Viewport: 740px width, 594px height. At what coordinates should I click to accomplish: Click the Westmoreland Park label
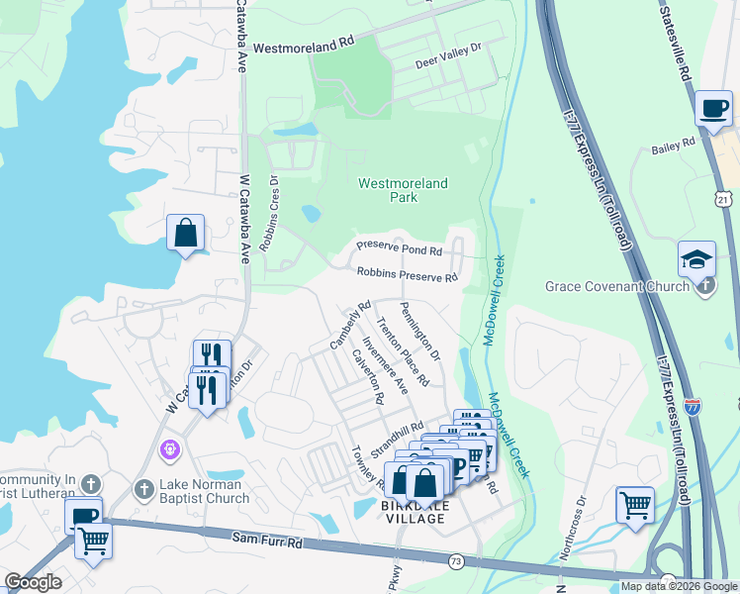coord(403,190)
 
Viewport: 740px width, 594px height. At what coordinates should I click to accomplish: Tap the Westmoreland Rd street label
coord(303,46)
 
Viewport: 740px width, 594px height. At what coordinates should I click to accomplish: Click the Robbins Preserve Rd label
coord(407,273)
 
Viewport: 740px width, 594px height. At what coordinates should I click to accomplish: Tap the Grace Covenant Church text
coord(616,287)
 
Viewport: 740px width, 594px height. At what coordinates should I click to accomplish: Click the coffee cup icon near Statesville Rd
coord(712,109)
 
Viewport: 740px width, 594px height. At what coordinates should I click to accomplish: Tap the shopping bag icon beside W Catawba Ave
coord(185,234)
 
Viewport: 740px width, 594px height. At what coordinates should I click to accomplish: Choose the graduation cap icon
coord(696,258)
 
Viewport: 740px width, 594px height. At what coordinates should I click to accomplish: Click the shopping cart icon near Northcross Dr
coord(634,504)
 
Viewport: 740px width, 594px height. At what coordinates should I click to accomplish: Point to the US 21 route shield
coord(724,200)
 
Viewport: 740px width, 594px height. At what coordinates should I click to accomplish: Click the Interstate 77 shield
coord(693,407)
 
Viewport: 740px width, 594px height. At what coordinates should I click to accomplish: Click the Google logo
coord(33,582)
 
